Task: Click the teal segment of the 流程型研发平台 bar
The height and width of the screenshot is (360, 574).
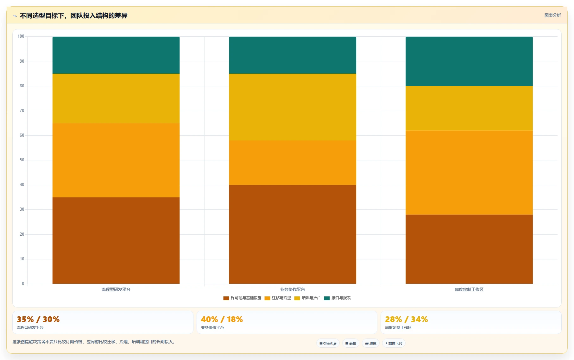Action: click(116, 55)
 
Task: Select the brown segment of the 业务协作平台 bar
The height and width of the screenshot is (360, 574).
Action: click(293, 234)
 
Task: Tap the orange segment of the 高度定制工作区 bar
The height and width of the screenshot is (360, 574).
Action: click(469, 173)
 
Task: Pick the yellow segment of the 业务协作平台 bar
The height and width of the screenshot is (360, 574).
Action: click(293, 107)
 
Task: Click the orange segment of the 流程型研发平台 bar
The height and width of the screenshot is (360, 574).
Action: click(116, 160)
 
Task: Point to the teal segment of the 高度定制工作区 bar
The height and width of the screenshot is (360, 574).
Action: click(469, 61)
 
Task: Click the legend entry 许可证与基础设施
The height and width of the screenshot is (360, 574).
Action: click(242, 298)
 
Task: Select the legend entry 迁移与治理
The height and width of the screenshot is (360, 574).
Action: click(278, 298)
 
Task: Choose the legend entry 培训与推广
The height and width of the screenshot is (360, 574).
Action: click(307, 298)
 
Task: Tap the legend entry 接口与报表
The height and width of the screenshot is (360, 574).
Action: click(337, 298)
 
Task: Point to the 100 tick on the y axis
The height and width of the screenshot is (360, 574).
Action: click(21, 36)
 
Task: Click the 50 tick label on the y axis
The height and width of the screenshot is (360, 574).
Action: click(22, 160)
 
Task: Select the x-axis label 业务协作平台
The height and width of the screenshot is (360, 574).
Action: click(293, 289)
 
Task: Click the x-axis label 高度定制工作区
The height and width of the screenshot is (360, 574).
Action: click(469, 289)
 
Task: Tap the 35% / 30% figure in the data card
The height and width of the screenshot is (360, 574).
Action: click(38, 319)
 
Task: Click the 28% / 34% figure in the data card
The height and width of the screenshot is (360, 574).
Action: click(407, 319)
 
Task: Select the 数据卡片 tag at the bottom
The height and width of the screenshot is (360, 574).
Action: click(394, 343)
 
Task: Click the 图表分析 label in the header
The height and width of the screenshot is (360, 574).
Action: click(553, 15)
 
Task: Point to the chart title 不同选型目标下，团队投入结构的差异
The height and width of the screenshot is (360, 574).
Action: click(73, 16)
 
